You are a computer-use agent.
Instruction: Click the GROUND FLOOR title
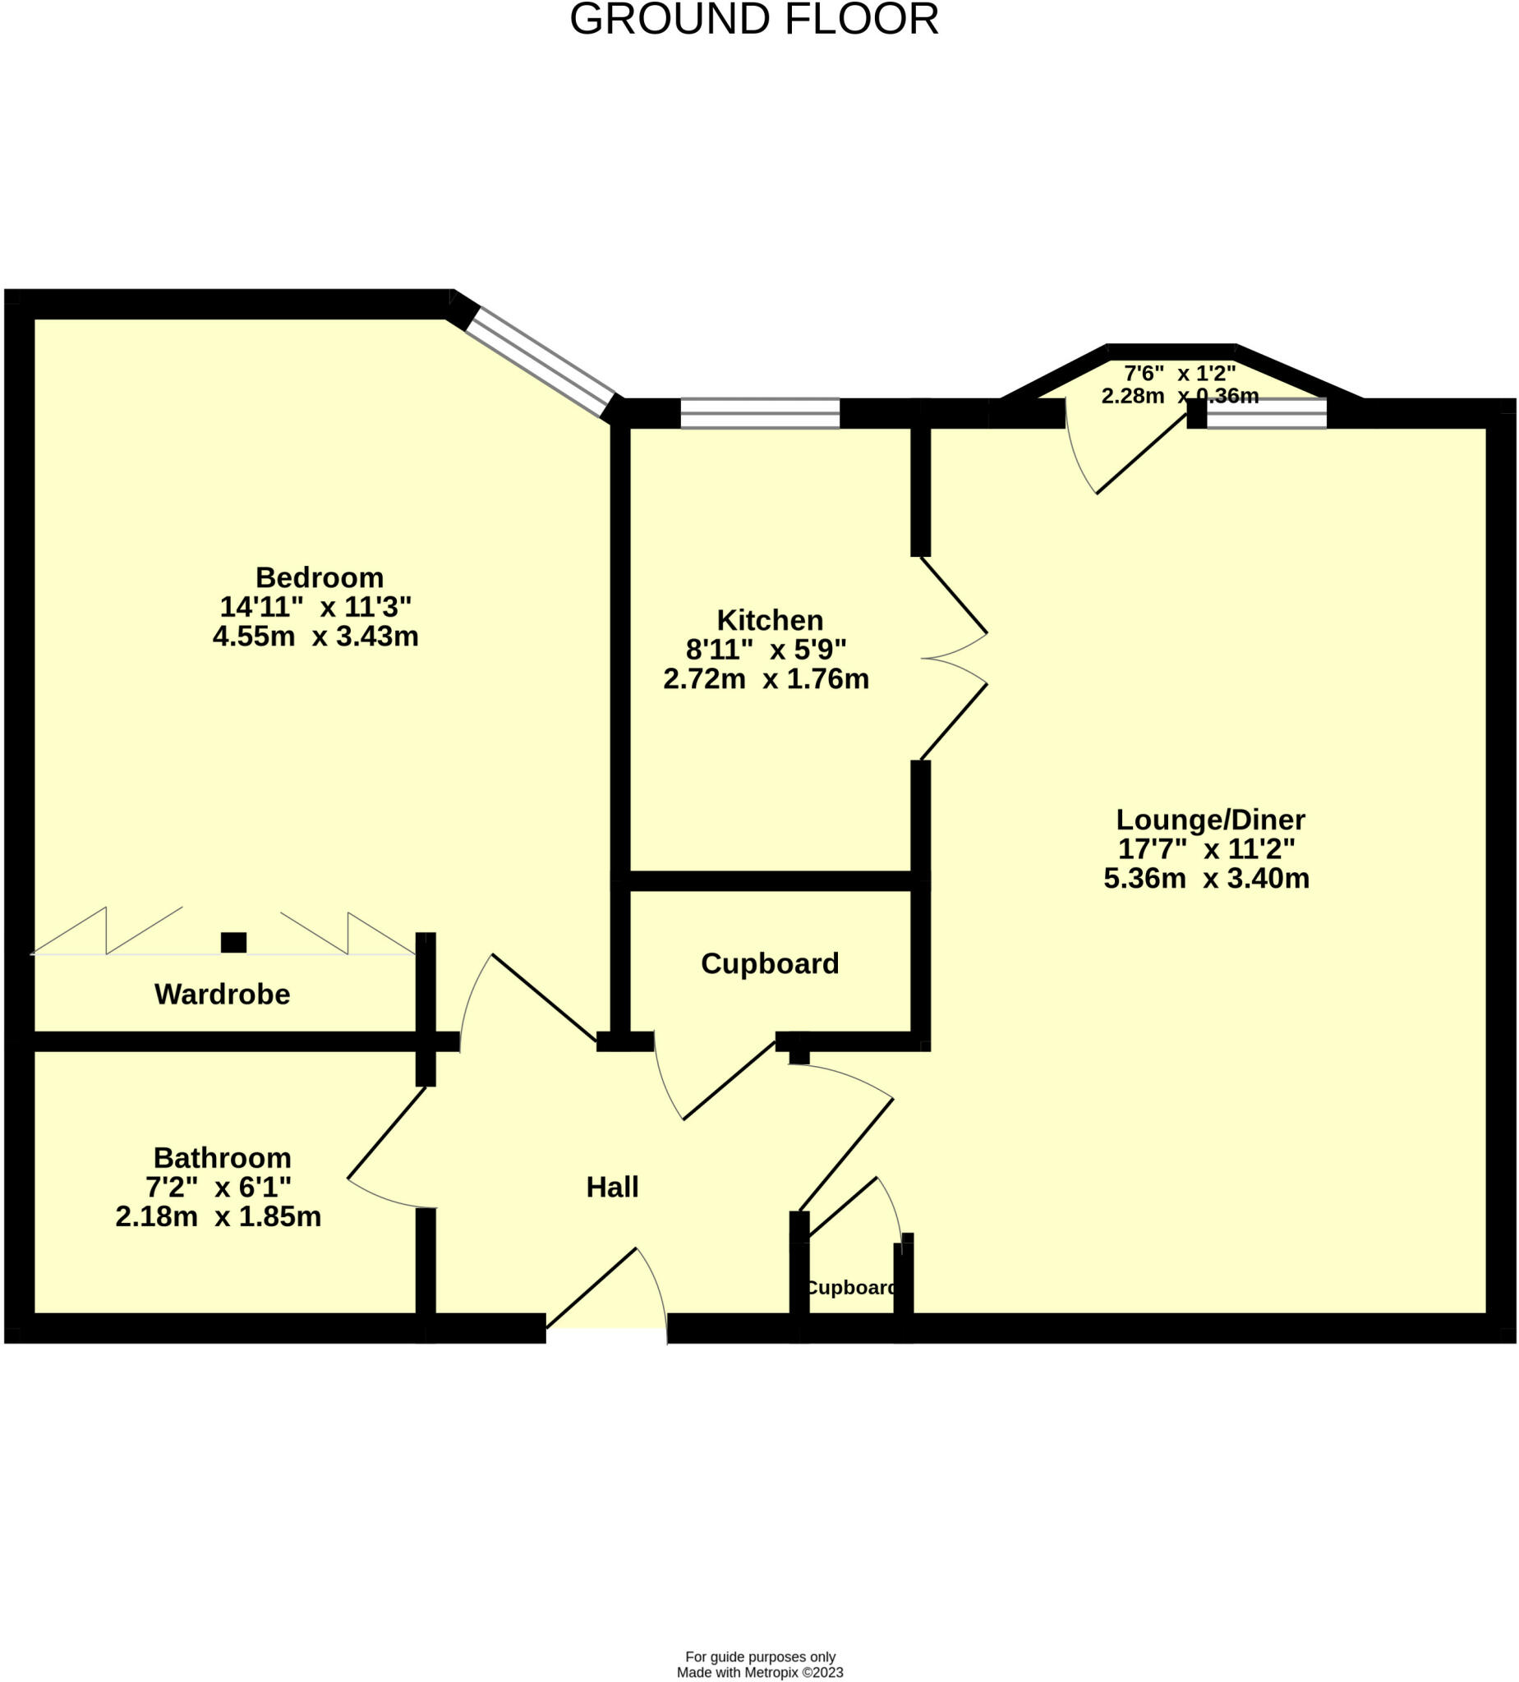753,20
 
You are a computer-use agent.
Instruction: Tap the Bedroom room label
319,577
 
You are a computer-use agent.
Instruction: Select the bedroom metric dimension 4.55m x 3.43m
315,636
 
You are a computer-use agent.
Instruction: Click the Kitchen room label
770,620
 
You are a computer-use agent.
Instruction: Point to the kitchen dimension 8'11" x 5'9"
766,649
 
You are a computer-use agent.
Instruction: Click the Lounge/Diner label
1210,820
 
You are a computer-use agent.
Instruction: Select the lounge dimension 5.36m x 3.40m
1206,879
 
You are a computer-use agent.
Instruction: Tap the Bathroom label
222,1157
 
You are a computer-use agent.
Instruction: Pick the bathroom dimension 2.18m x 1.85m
218,1216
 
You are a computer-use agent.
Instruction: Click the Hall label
612,1187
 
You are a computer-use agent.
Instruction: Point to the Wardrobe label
222,994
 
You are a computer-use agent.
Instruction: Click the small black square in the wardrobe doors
233,942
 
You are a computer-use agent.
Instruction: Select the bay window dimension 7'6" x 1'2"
1180,373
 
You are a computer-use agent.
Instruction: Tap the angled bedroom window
541,362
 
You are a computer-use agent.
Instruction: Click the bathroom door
385,1134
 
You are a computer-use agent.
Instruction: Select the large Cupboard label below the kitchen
770,963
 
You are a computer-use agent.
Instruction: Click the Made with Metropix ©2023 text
759,1672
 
